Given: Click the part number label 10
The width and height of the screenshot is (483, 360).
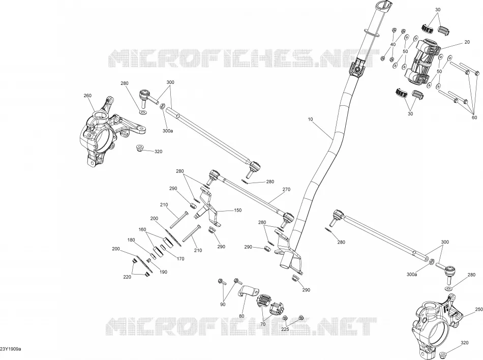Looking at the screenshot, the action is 310,119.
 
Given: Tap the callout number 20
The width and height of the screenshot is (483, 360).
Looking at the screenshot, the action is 467,42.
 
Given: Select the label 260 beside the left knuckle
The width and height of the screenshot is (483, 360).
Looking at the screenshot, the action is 87,96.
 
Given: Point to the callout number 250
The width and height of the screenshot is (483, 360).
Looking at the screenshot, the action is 479,309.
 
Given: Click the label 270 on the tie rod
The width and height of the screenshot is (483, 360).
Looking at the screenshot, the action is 286,189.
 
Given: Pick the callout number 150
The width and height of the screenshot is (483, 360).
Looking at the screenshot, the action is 237,211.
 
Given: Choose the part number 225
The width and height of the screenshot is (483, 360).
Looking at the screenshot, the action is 285,329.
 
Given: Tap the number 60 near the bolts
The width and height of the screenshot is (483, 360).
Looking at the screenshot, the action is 474,117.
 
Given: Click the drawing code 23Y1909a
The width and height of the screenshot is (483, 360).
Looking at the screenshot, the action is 11,349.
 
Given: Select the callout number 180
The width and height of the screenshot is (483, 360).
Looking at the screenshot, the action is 131,240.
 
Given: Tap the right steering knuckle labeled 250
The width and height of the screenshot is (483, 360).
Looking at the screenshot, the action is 437,322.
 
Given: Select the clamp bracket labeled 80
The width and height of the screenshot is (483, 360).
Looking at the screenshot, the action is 248,292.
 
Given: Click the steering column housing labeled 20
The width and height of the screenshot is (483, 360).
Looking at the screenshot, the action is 421,62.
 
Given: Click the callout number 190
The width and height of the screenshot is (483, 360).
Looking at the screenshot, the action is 163,272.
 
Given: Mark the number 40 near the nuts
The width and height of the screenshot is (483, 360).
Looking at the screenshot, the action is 393,45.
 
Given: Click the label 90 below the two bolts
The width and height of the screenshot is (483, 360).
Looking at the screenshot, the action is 223,304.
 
